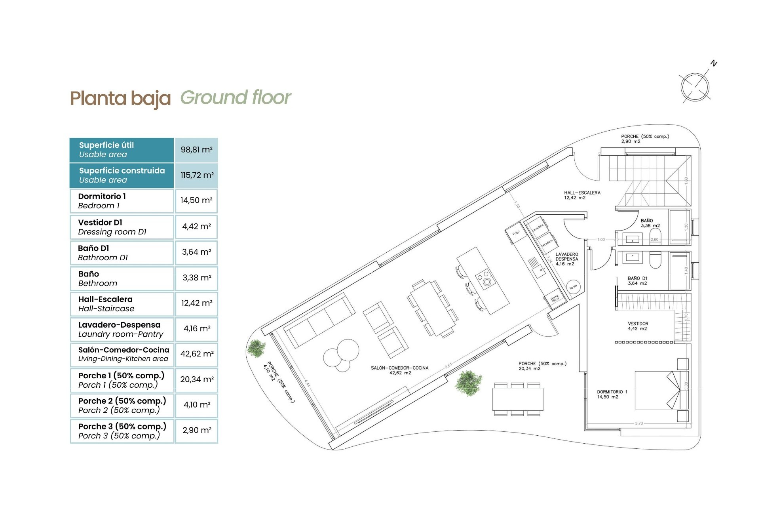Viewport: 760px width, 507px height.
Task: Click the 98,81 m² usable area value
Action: click(196, 150)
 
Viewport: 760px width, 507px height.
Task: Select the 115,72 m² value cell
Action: click(197, 175)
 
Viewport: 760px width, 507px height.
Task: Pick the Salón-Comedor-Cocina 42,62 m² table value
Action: click(197, 354)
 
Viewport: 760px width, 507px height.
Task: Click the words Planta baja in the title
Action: click(120, 98)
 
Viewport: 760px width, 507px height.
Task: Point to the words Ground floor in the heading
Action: click(236, 97)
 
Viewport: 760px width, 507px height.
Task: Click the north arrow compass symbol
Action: click(695, 87)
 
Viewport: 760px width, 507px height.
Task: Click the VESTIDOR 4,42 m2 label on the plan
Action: click(638, 326)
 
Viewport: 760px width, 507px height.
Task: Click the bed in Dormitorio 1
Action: click(657, 390)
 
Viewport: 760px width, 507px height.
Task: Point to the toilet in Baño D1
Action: click(655, 261)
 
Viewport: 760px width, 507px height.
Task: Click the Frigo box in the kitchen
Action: click(516, 233)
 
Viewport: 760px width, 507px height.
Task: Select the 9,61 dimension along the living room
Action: click(448, 365)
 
